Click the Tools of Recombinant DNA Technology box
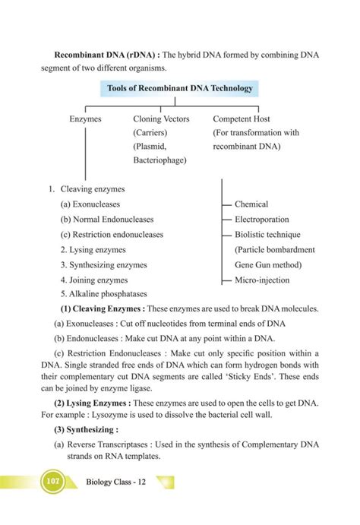[180, 89]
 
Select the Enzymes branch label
[85, 119]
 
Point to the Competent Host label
[242, 119]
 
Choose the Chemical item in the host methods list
[251, 204]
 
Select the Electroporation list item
[261, 220]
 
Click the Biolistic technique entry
[267, 235]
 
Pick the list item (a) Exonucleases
[90, 204]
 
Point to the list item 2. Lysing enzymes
[93, 250]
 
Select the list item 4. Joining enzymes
[94, 280]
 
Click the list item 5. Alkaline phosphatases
[103, 294]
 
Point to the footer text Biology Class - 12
[116, 482]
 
